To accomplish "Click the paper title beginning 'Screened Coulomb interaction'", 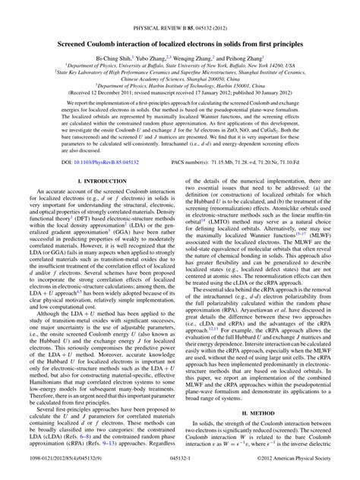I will (x=180, y=24).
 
